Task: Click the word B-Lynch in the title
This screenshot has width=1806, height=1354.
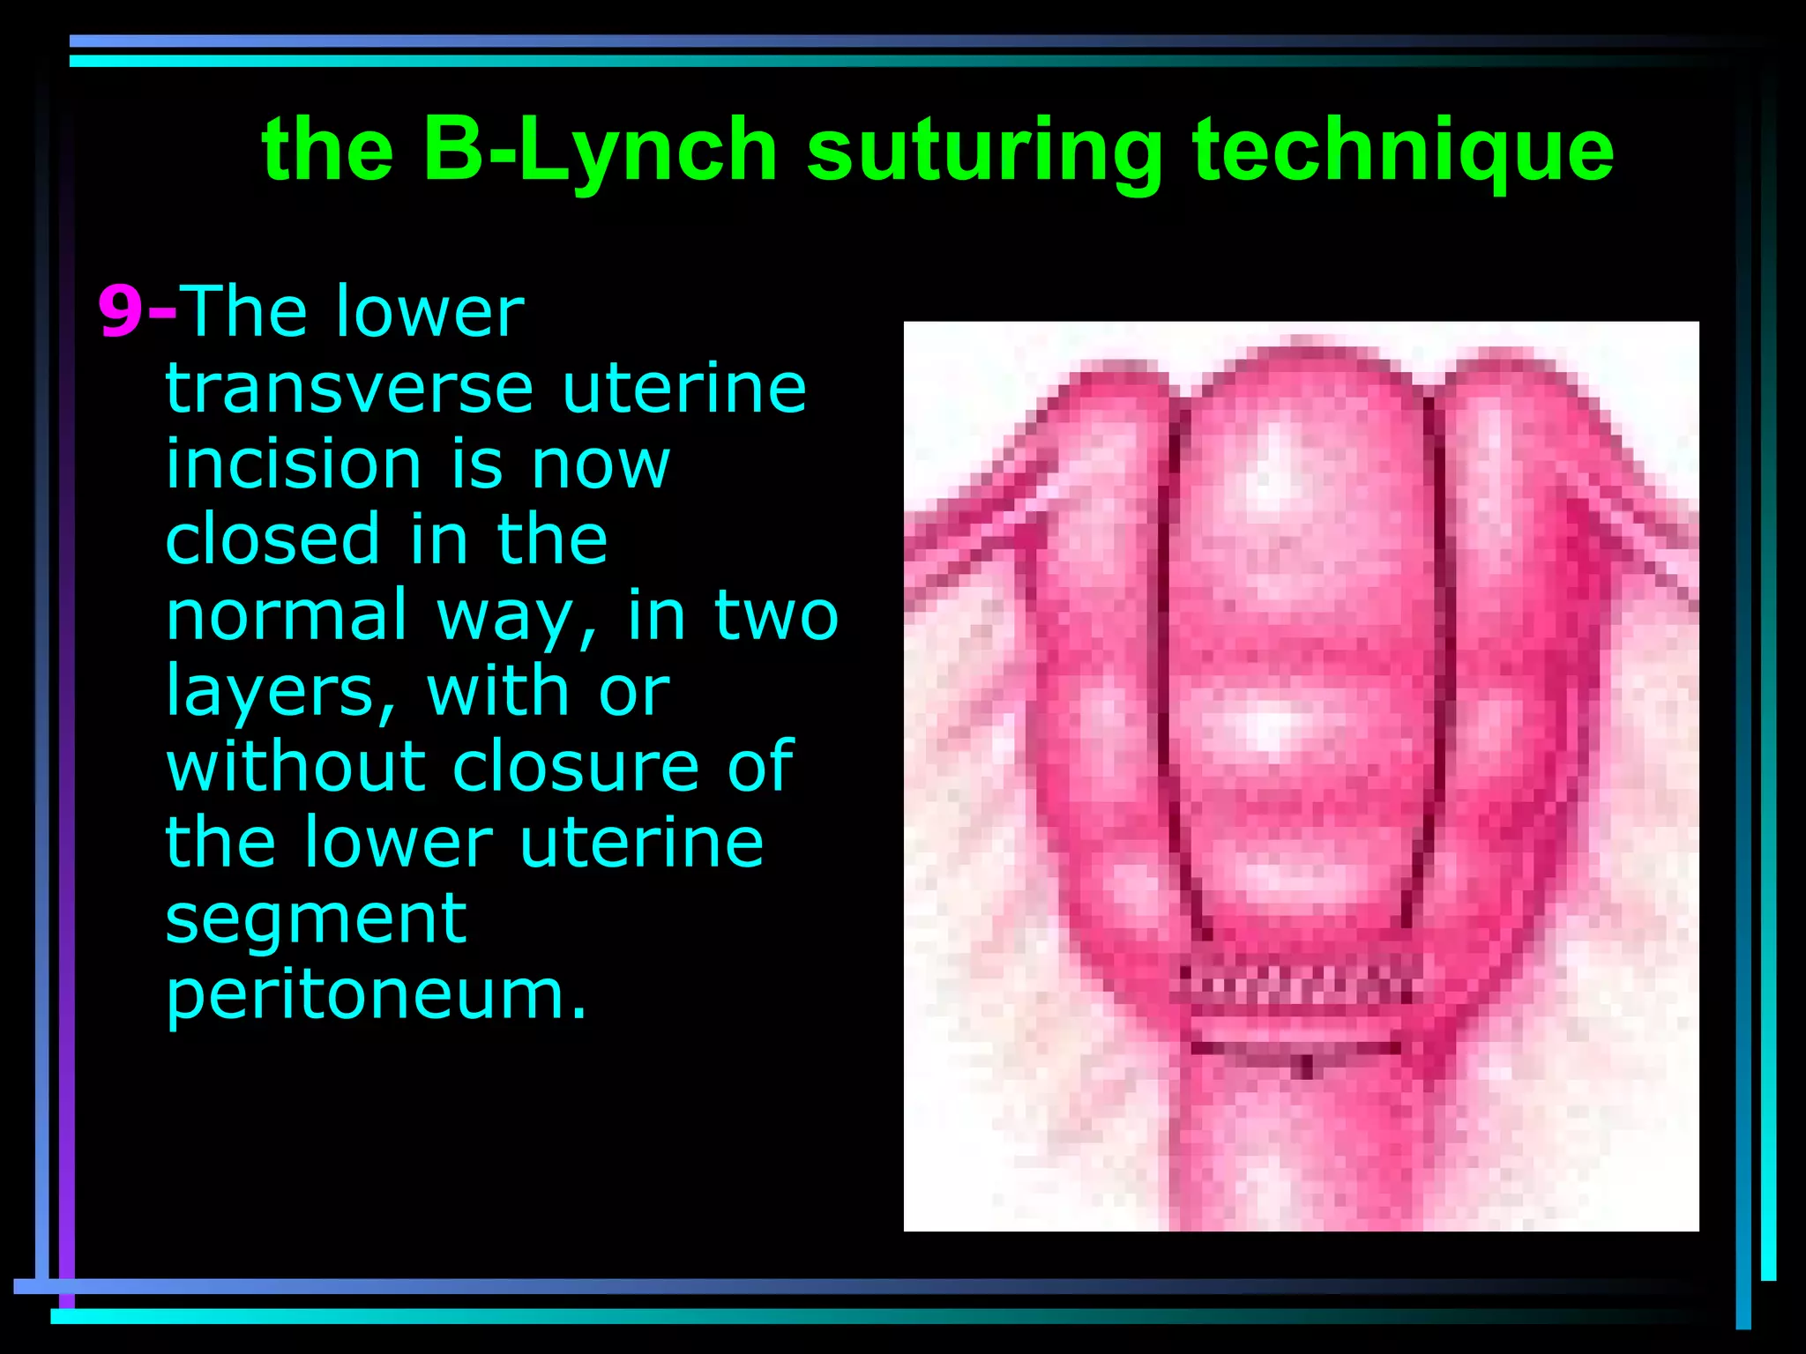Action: [x=600, y=150]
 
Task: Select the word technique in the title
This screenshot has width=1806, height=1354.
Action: [x=1402, y=150]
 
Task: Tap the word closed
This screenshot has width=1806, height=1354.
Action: [x=273, y=539]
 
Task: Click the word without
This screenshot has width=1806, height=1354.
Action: [x=295, y=767]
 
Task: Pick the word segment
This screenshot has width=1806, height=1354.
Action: [x=316, y=919]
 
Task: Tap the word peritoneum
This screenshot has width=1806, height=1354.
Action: [x=376, y=996]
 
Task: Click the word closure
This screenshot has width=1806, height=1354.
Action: [x=577, y=767]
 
